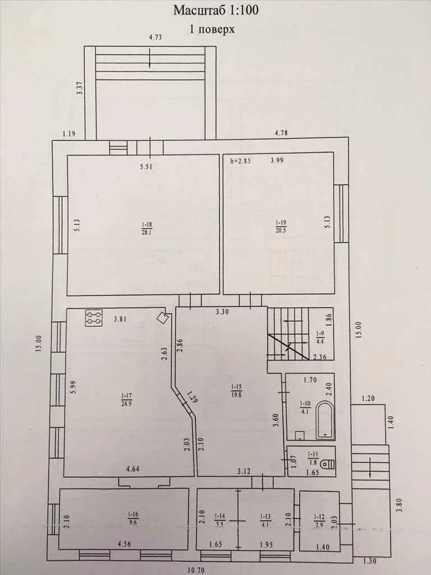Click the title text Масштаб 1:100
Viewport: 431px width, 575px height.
point(215,10)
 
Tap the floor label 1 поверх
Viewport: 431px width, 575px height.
point(212,29)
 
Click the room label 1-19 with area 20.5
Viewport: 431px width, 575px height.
point(281,226)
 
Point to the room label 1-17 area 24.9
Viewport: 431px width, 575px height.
point(126,400)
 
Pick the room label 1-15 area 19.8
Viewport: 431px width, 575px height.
point(236,391)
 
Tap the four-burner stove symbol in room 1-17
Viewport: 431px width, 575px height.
point(94,318)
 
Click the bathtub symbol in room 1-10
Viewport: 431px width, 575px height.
point(325,420)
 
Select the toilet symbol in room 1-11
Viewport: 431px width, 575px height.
point(328,464)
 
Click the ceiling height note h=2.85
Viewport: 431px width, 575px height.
point(240,160)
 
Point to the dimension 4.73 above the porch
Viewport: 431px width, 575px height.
point(155,37)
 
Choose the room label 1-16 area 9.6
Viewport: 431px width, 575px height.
point(132,519)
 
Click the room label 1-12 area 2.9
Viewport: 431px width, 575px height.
point(319,519)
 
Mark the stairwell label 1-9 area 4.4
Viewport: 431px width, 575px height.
point(319,337)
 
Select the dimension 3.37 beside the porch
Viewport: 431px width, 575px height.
point(81,88)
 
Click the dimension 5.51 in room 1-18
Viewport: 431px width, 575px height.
point(146,167)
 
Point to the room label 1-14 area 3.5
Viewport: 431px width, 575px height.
point(219,519)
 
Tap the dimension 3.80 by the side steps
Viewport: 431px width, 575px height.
point(400,505)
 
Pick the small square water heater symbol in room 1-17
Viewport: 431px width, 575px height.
point(162,318)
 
